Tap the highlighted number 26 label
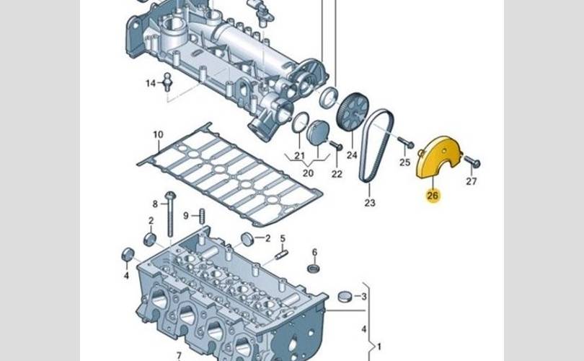click(433, 196)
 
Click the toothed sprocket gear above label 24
click(352, 112)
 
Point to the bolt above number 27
click(472, 162)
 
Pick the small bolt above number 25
click(406, 142)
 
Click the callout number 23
click(370, 203)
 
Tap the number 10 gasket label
click(159, 134)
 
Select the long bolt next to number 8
click(170, 214)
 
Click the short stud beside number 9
click(203, 217)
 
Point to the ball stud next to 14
click(168, 82)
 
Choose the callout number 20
click(308, 173)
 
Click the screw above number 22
click(336, 145)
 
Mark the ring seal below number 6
click(314, 268)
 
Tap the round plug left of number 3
click(345, 296)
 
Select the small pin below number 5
click(282, 255)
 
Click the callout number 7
click(179, 356)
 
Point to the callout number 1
click(379, 347)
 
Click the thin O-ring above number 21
click(301, 122)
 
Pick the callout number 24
click(352, 155)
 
